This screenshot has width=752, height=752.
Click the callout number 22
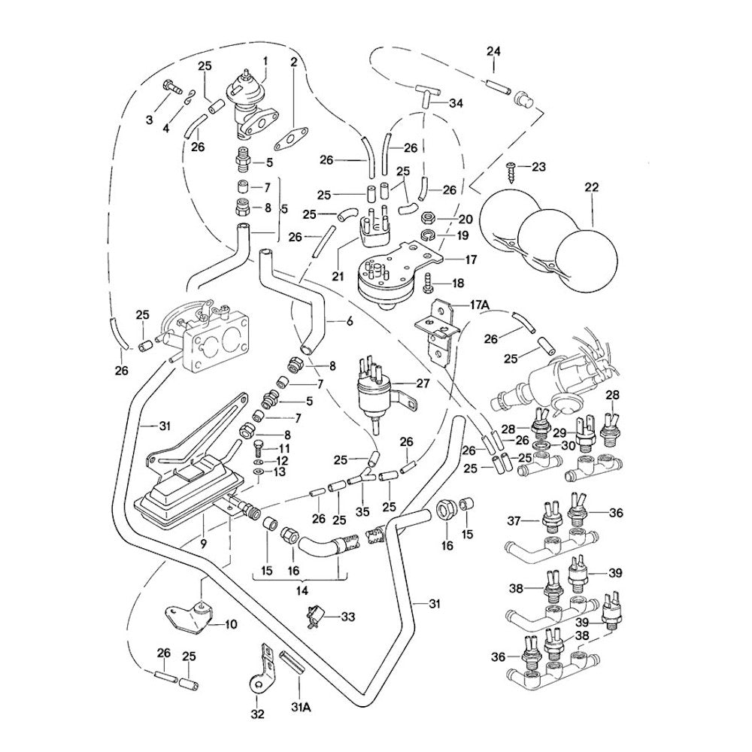tap(592, 187)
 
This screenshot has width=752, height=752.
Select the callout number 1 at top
tap(265, 59)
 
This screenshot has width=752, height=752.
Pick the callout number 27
tap(423, 383)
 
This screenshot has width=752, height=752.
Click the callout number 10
tap(231, 623)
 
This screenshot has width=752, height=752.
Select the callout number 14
tap(302, 591)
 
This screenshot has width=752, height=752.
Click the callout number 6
tap(350, 321)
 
